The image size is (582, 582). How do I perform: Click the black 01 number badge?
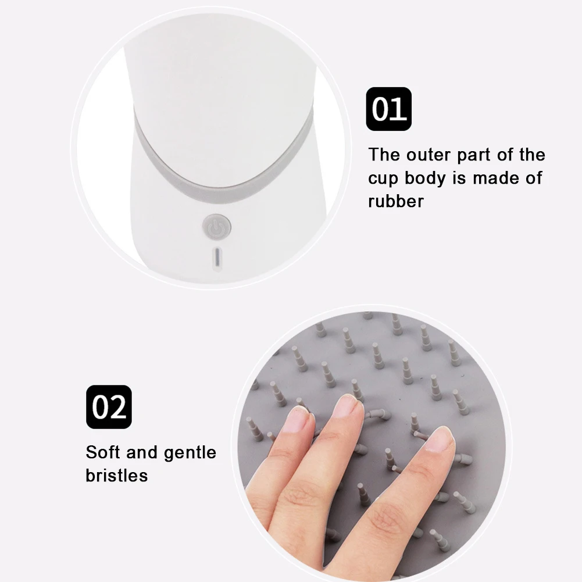388,109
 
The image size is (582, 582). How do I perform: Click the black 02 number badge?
109,407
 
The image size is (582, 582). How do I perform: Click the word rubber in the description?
396,201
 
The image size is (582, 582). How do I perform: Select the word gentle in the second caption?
190,453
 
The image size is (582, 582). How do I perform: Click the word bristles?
117,475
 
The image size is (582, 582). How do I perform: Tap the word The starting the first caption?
384,155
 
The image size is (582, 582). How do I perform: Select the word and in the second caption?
142,452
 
